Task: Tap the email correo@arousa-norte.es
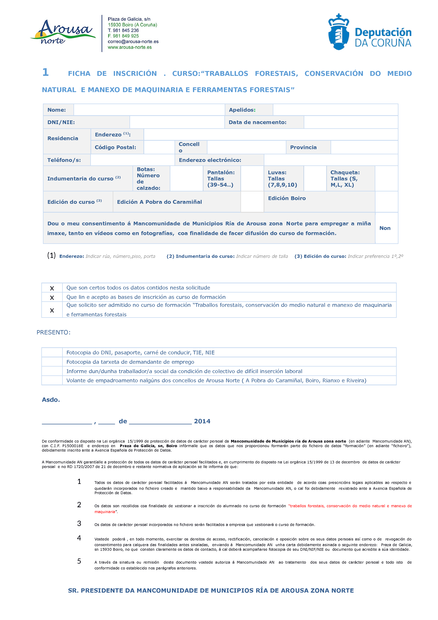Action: pyautogui.click(x=133, y=42)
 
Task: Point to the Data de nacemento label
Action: pyautogui.click(x=257, y=122)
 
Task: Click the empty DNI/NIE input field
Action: pyautogui.click(x=177, y=122)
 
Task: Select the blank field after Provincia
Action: pyautogui.click(x=364, y=147)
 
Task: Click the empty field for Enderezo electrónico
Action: pyautogui.click(x=331, y=160)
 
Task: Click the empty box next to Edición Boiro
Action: pyautogui.click(x=386, y=202)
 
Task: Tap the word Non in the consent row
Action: pyautogui.click(x=385, y=228)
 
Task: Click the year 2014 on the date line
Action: pyautogui.click(x=202, y=421)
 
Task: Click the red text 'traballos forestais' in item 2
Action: pyautogui.click(x=307, y=506)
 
